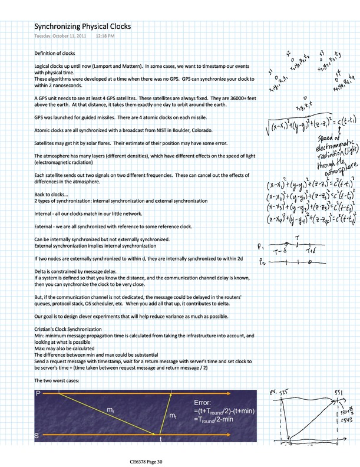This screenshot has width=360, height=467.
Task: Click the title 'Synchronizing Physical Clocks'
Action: [82, 27]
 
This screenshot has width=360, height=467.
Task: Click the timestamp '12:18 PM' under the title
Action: [105, 37]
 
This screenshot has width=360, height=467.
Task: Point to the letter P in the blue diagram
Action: [38, 393]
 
